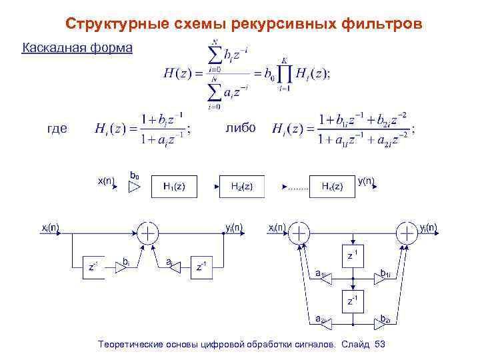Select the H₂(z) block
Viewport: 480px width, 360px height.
tap(241, 187)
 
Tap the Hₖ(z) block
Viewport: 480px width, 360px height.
tap(331, 187)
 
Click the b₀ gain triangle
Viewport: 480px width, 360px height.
tap(135, 188)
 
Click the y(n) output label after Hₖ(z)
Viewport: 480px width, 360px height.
tap(365, 180)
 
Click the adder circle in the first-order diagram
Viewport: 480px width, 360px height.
tap(148, 233)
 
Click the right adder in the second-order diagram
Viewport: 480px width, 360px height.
tap(406, 233)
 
